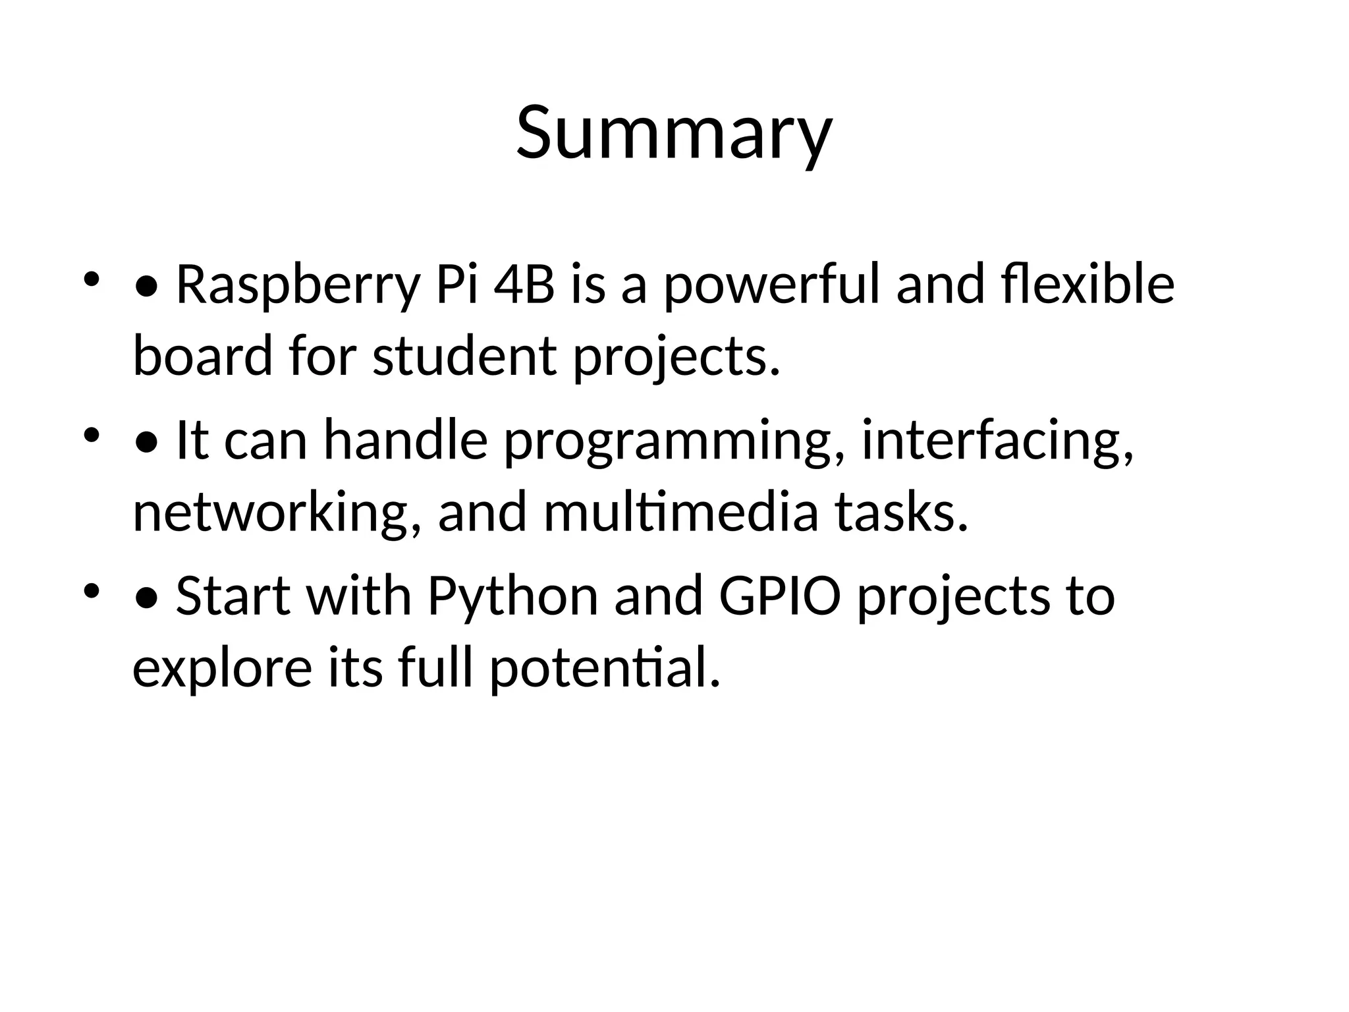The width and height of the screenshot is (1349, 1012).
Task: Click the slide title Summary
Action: [x=674, y=134]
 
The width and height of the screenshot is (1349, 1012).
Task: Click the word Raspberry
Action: [x=297, y=285]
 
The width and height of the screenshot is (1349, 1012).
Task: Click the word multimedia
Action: [x=681, y=513]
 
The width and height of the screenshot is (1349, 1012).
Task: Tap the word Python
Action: [x=513, y=597]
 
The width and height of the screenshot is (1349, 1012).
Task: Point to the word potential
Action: [x=605, y=669]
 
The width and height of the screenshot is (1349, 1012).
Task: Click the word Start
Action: [x=234, y=596]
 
